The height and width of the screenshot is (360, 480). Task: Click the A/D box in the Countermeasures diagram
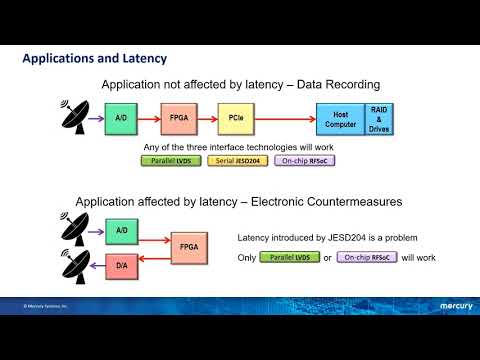(118, 231)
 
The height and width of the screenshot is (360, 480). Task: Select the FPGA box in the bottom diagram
(186, 246)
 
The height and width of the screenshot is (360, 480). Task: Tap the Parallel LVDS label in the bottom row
(288, 257)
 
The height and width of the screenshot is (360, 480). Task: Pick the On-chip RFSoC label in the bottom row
(368, 257)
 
